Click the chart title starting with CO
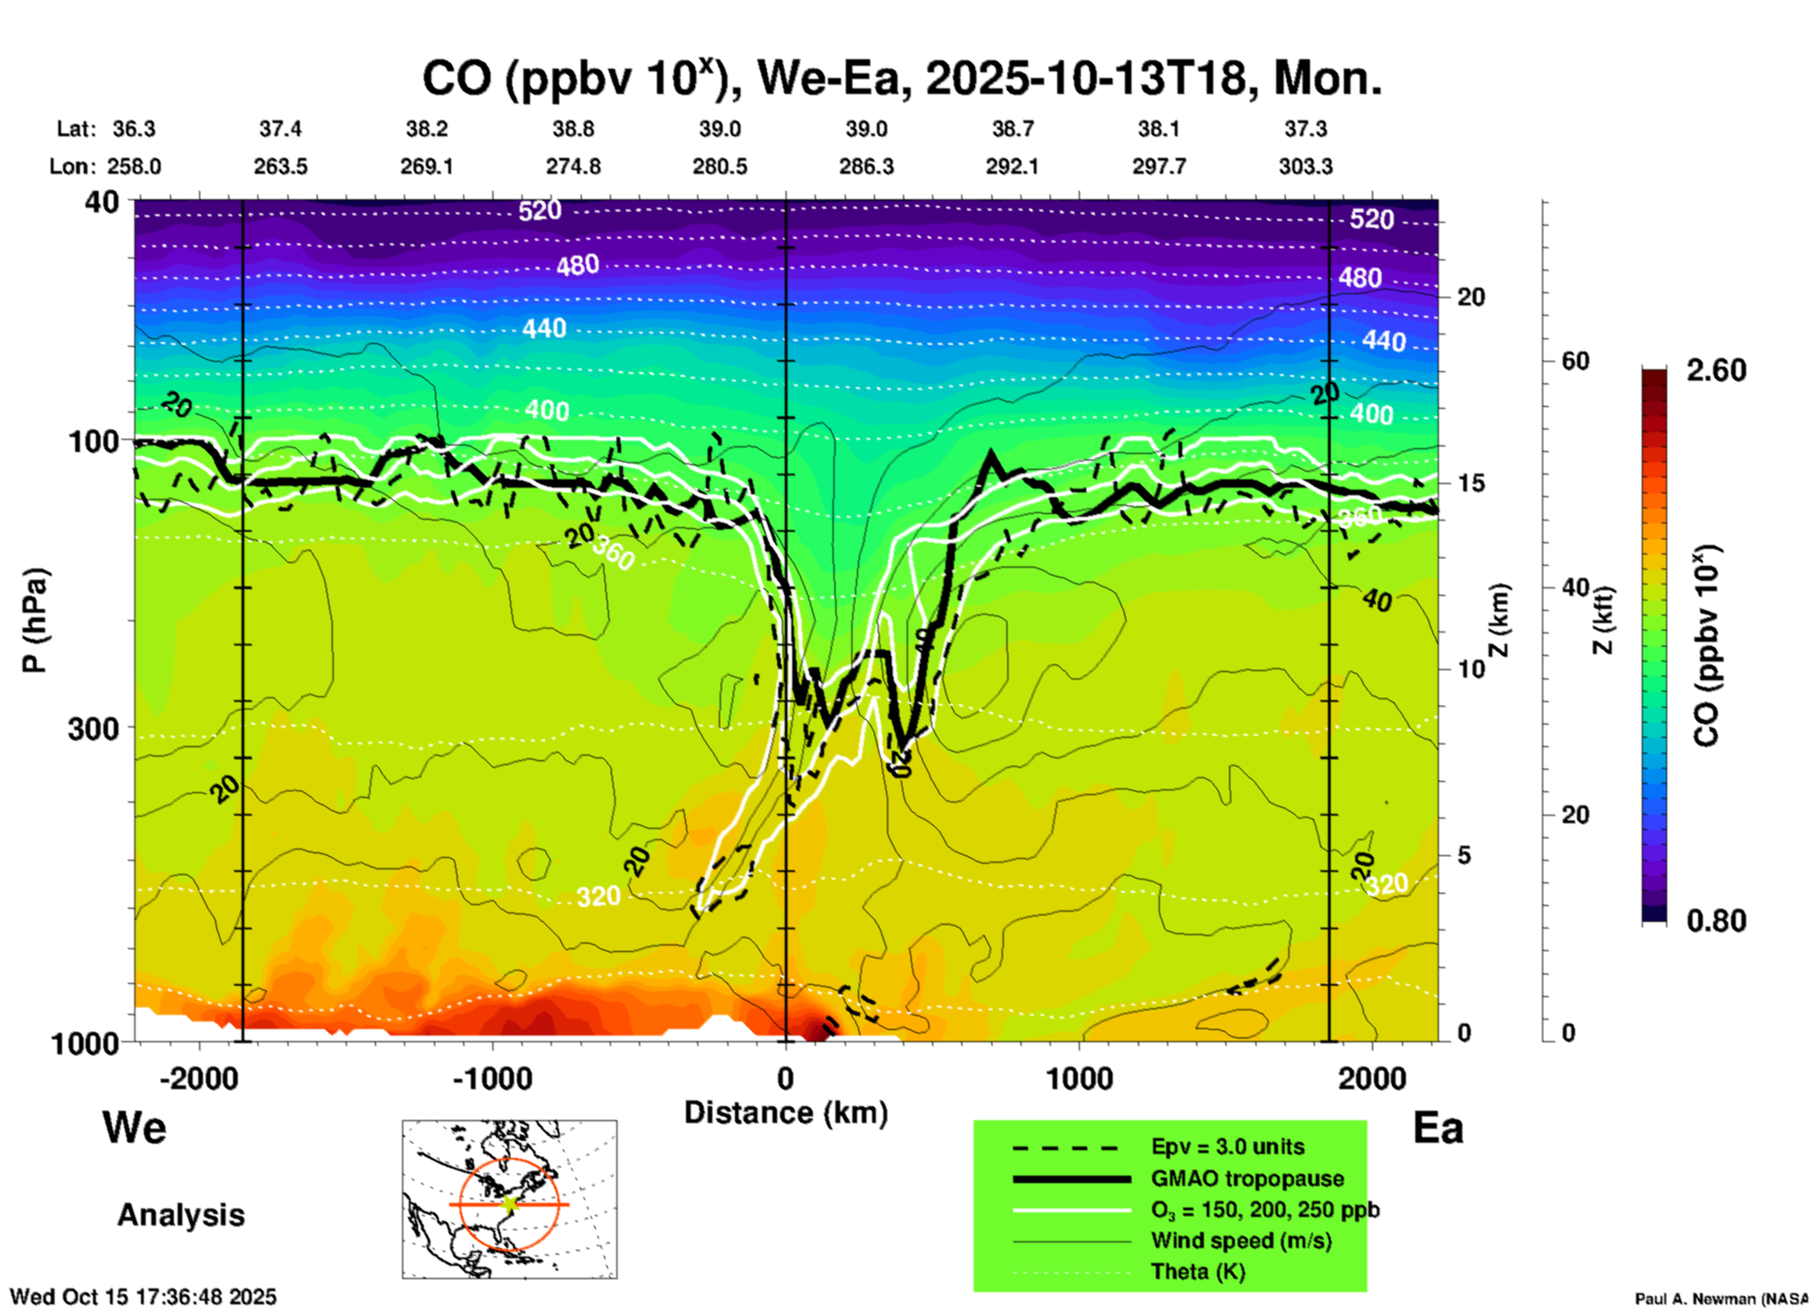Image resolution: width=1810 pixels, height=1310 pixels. coord(901,78)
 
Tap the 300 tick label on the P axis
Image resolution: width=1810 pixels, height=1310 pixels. coord(93,728)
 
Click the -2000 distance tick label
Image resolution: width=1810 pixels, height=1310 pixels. coord(198,1079)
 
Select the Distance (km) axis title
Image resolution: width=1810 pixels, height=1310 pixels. coord(786,1113)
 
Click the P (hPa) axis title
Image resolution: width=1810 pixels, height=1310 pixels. coord(35,620)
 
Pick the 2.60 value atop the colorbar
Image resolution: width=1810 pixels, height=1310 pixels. coord(1716,370)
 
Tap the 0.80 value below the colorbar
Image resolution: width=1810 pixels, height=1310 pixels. coord(1716,921)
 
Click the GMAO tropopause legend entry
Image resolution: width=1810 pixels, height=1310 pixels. coord(1247,1178)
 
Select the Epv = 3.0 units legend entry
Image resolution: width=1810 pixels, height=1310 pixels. coord(1227,1146)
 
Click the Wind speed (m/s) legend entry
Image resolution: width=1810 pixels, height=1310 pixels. coord(1240,1240)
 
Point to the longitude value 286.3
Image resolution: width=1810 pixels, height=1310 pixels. coord(866,166)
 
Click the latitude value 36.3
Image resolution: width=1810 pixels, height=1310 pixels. coord(133,129)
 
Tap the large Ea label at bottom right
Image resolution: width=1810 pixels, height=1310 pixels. coord(1438,1128)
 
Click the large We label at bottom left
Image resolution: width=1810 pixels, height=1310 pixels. coord(134,1127)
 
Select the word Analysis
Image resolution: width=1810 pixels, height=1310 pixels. coord(180,1215)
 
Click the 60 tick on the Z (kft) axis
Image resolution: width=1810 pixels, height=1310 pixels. coord(1575,362)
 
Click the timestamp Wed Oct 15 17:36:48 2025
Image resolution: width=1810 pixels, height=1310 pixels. coord(143,1297)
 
